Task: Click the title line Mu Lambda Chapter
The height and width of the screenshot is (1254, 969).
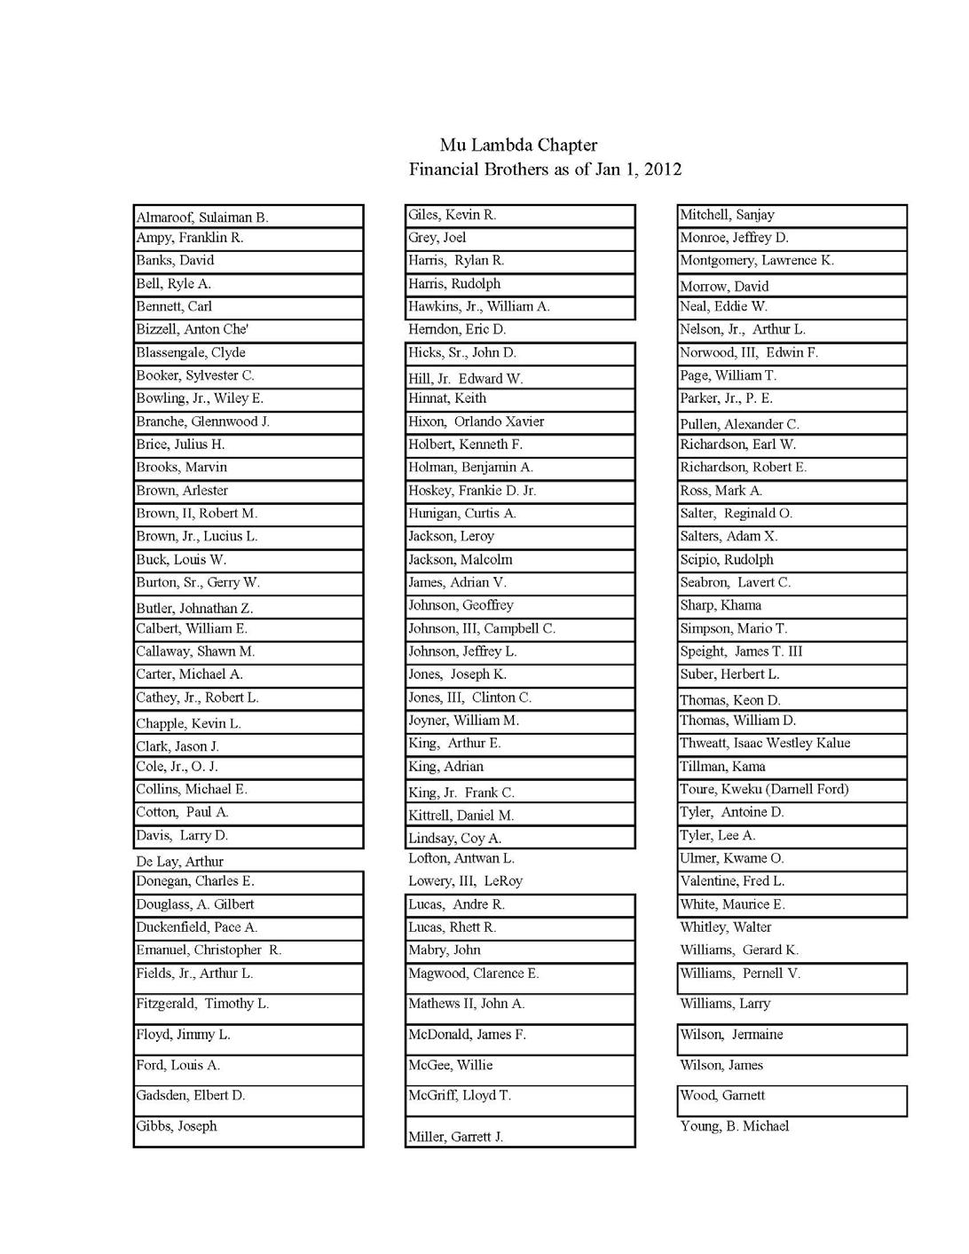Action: [x=518, y=146]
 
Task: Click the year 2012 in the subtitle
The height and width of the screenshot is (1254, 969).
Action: [x=663, y=170]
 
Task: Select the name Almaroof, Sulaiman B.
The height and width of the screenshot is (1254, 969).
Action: [x=202, y=217]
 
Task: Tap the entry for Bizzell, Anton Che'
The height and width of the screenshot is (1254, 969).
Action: [x=193, y=329]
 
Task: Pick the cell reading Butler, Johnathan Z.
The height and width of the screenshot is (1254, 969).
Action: [x=194, y=608]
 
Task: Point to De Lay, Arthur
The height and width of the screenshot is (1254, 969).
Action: [x=179, y=861]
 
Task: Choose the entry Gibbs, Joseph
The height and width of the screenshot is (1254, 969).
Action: [x=177, y=1126]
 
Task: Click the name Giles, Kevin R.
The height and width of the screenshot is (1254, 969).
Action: [x=452, y=215]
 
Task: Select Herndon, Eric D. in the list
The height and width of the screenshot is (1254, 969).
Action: [x=457, y=329]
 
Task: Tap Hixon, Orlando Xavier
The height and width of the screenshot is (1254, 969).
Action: [x=476, y=422]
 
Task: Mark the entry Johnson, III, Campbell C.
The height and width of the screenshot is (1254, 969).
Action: [x=482, y=628]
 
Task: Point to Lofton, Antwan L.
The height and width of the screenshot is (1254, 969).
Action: [x=461, y=858]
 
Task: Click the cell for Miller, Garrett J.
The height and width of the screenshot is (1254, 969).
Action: [x=455, y=1137]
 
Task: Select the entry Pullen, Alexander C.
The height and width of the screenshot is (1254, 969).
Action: [x=739, y=424]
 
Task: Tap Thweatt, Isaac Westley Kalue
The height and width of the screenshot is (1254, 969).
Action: [x=765, y=743]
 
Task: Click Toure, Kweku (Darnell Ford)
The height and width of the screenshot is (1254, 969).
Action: [x=764, y=789]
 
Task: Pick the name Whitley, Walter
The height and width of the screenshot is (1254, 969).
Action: [x=726, y=927]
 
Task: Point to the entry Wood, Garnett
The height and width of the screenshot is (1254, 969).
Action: [x=722, y=1095]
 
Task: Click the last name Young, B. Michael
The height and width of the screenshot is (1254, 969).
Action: [x=735, y=1126]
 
